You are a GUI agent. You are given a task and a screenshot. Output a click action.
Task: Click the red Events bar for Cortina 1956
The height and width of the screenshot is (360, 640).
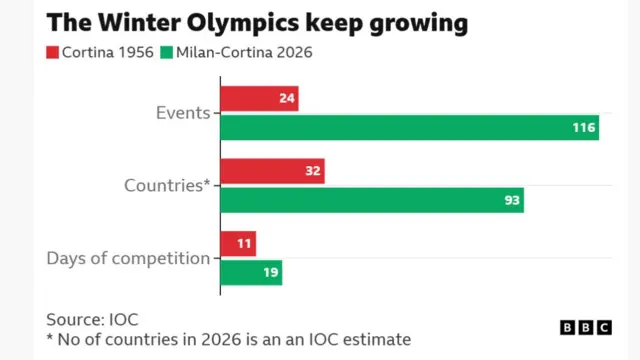259,98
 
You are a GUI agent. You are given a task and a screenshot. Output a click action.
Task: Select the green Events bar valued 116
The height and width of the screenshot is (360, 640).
409,128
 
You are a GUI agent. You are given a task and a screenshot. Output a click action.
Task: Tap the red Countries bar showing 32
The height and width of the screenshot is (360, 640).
272,171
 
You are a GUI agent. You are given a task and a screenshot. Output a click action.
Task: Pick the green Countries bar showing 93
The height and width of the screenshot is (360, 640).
371,201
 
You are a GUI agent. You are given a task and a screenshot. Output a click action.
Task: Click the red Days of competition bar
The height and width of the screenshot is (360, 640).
238,244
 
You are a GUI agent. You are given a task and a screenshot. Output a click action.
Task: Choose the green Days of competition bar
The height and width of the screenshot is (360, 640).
251,273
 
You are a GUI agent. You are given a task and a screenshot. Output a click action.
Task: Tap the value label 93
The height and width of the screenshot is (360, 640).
511,201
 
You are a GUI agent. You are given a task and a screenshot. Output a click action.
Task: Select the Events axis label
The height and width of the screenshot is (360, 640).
182,113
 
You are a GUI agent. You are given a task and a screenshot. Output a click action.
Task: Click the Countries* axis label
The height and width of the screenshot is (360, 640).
167,186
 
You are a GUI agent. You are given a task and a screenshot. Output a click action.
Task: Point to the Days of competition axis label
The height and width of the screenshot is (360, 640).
128,259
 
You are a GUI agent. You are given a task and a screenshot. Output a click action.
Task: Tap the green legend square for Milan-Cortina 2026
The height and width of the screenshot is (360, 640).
168,52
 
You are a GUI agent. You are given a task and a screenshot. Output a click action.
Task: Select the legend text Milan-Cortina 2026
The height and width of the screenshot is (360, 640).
245,52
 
